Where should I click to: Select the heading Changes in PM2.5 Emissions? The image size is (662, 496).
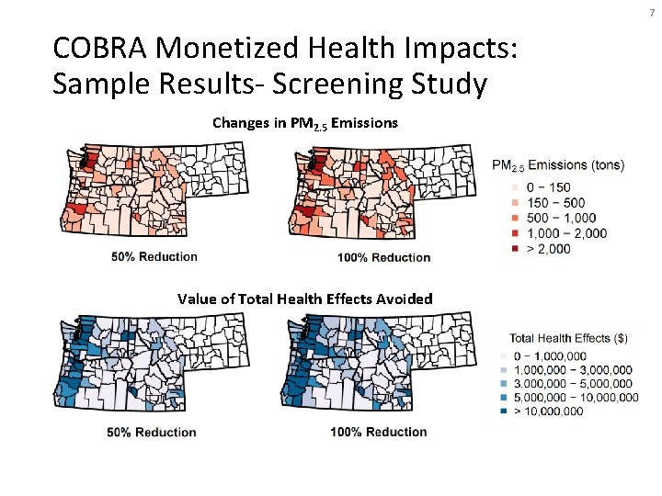[x=305, y=122]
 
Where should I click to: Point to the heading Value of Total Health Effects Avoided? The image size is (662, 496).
[x=305, y=299]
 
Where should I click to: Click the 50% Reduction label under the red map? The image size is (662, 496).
[x=154, y=256]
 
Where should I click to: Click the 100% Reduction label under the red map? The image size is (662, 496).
[x=383, y=257]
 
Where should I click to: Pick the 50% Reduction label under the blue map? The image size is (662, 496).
[x=152, y=432]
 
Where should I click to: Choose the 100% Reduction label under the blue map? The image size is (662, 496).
[x=380, y=432]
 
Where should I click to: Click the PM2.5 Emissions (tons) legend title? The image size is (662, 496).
[x=558, y=165]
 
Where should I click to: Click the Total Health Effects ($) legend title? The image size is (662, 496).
[x=568, y=337]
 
